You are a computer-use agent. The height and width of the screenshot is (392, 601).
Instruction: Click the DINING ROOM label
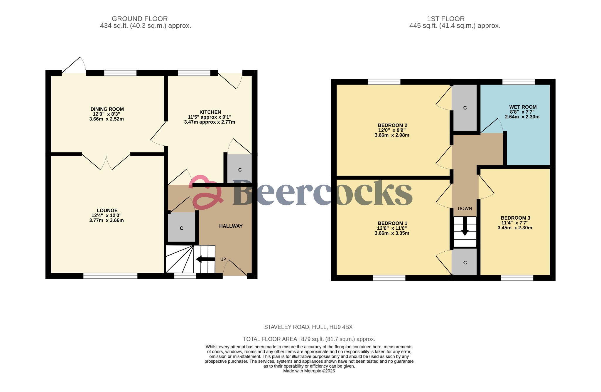(107, 109)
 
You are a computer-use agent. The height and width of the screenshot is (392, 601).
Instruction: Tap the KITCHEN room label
(210, 112)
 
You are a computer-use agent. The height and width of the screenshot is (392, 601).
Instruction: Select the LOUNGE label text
(107, 211)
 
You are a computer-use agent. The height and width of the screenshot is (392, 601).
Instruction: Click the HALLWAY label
(231, 226)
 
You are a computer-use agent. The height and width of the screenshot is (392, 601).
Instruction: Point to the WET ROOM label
(523, 107)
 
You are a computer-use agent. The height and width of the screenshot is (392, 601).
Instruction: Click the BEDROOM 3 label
(515, 218)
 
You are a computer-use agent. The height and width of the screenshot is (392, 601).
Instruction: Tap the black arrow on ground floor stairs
(205, 259)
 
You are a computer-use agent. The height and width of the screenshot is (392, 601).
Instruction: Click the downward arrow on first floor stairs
(465, 227)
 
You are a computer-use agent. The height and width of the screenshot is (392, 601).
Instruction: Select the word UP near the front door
(223, 259)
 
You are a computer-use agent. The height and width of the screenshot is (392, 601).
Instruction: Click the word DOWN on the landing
(465, 208)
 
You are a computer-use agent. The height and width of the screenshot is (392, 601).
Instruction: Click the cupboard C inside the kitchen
(240, 170)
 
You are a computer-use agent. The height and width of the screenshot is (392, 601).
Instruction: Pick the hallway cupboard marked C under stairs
(181, 228)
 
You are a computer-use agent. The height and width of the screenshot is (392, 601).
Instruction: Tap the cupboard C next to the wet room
(465, 108)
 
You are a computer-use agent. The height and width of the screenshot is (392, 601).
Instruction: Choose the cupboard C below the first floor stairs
(465, 263)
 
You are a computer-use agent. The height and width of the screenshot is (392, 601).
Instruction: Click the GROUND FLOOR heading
(140, 19)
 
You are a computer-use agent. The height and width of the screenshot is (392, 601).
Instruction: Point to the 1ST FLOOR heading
(445, 19)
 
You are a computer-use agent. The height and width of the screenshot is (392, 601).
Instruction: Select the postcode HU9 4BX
(341, 327)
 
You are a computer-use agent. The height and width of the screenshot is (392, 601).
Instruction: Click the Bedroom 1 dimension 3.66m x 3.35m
(392, 233)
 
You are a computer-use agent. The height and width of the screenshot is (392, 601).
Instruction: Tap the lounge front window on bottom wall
(110, 276)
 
